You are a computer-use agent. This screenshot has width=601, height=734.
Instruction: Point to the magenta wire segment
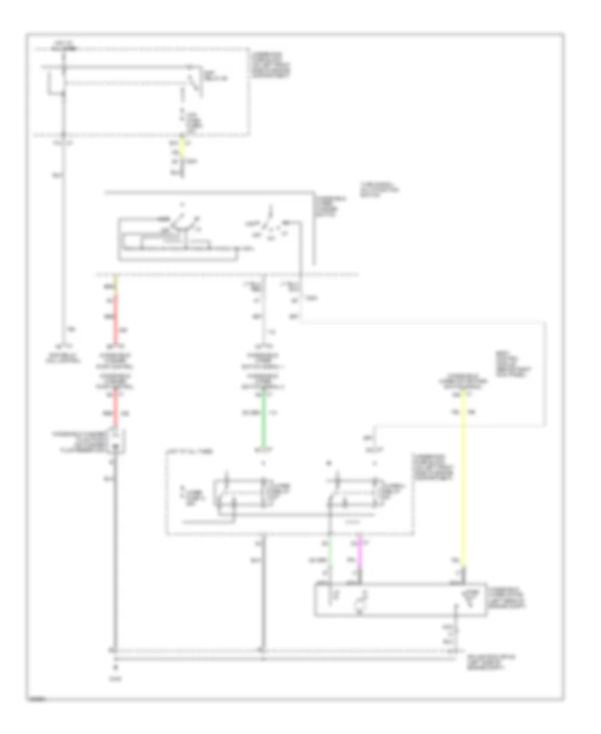coord(361,553)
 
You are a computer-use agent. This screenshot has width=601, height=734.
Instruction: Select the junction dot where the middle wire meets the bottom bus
coord(263,649)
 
